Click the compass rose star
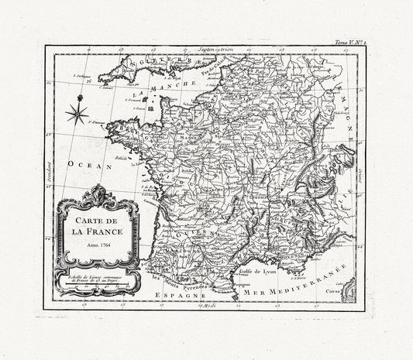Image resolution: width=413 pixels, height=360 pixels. tap(76, 115)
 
